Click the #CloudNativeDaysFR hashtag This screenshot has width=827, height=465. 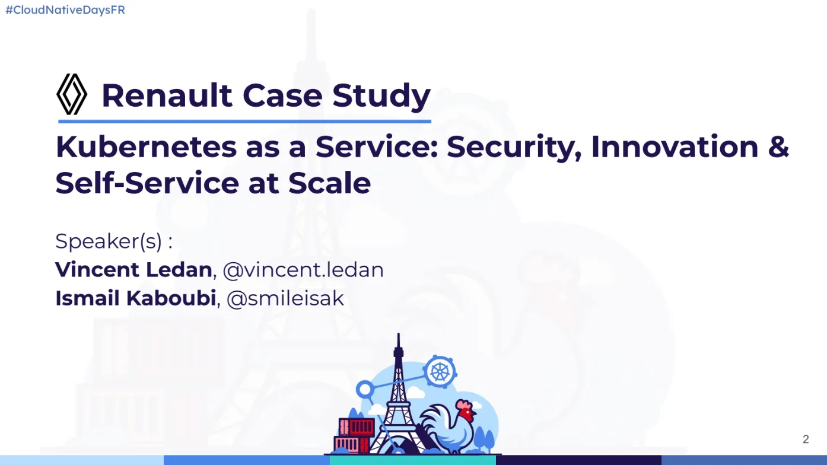tap(65, 10)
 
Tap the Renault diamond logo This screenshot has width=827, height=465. tap(72, 94)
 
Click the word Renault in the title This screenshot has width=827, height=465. tap(167, 95)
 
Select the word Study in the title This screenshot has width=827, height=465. tap(381, 97)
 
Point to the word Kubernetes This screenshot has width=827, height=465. tap(146, 147)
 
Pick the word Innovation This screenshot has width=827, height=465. tap(675, 147)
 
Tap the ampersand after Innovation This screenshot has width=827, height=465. tap(778, 147)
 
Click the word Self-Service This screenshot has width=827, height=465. tap(147, 183)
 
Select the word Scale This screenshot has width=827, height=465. tap(329, 183)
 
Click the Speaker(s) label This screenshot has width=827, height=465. tap(114, 241)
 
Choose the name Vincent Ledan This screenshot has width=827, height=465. tap(133, 269)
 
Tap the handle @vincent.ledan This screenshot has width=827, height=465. tap(304, 270)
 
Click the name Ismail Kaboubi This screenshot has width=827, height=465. tap(135, 298)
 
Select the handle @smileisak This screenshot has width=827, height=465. tap(285, 298)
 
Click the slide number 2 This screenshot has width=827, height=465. tap(806, 439)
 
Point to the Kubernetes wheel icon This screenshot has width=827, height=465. tap(440, 372)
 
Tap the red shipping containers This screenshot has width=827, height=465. tap(354, 435)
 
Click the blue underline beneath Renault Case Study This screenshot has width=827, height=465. tap(244, 121)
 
